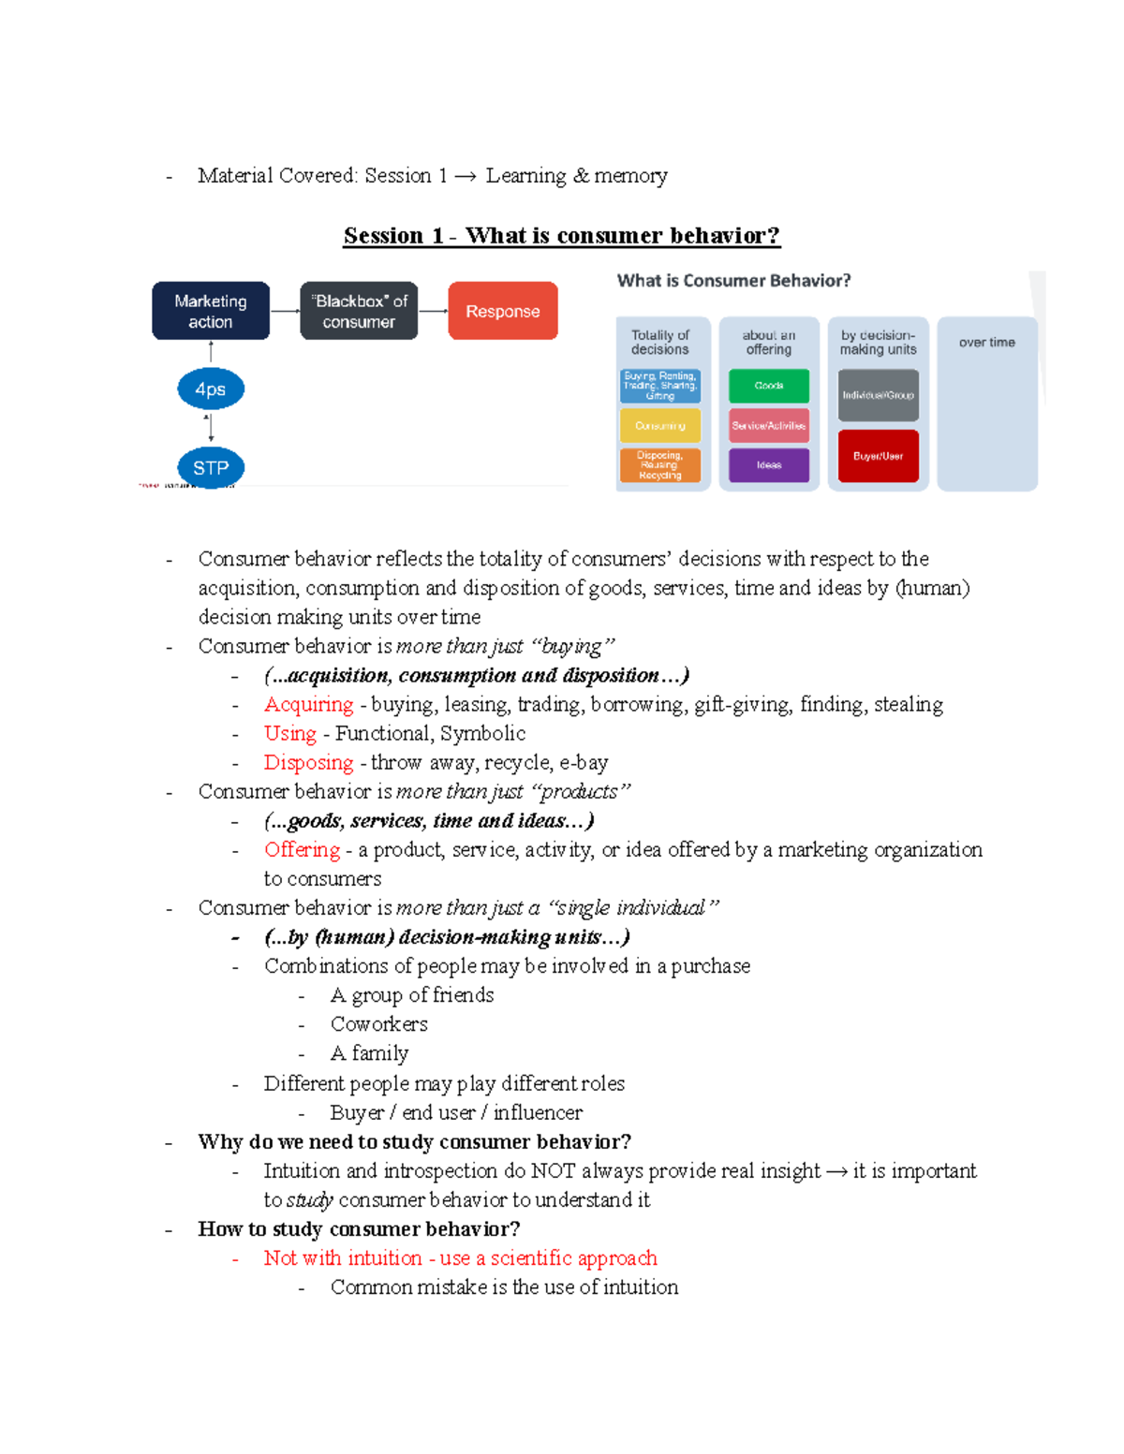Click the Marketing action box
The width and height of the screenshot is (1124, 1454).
coord(211,311)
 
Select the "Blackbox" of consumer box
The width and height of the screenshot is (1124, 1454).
coord(359,311)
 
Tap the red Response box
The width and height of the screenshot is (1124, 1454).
coord(503,311)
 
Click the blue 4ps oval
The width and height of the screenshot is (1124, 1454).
coord(211,389)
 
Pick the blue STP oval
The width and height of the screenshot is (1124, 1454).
coord(211,467)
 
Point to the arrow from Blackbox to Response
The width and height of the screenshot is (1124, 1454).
coord(433,311)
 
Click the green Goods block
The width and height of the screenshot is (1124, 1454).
coord(769,386)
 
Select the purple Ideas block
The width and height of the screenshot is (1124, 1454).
coord(769,465)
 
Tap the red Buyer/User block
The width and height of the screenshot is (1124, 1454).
coord(878,456)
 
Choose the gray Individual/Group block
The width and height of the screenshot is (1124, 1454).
coord(878,395)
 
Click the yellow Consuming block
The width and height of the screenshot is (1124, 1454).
coord(660,426)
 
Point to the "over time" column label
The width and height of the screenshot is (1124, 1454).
coord(986,343)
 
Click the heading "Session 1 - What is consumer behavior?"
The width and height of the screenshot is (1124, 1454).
coord(561,236)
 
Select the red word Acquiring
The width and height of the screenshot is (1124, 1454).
coord(308,705)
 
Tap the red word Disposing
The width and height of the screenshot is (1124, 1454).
coord(308,763)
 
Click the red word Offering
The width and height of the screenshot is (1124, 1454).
coord(302,850)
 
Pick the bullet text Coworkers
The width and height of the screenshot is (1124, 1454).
coord(378,1024)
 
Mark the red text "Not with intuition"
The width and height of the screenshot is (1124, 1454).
coord(343,1258)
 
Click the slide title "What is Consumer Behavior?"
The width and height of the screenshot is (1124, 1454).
coord(733,281)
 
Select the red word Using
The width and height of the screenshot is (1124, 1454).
coord(290,734)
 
